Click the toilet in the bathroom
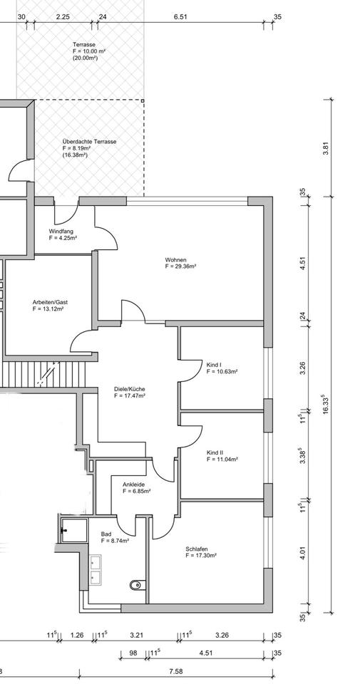point(136,584)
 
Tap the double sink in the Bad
point(96,569)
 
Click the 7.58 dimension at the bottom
point(175,671)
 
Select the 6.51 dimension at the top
point(180,17)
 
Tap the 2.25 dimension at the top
point(63,17)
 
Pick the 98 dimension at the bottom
point(134,653)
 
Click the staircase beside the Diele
point(43,373)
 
